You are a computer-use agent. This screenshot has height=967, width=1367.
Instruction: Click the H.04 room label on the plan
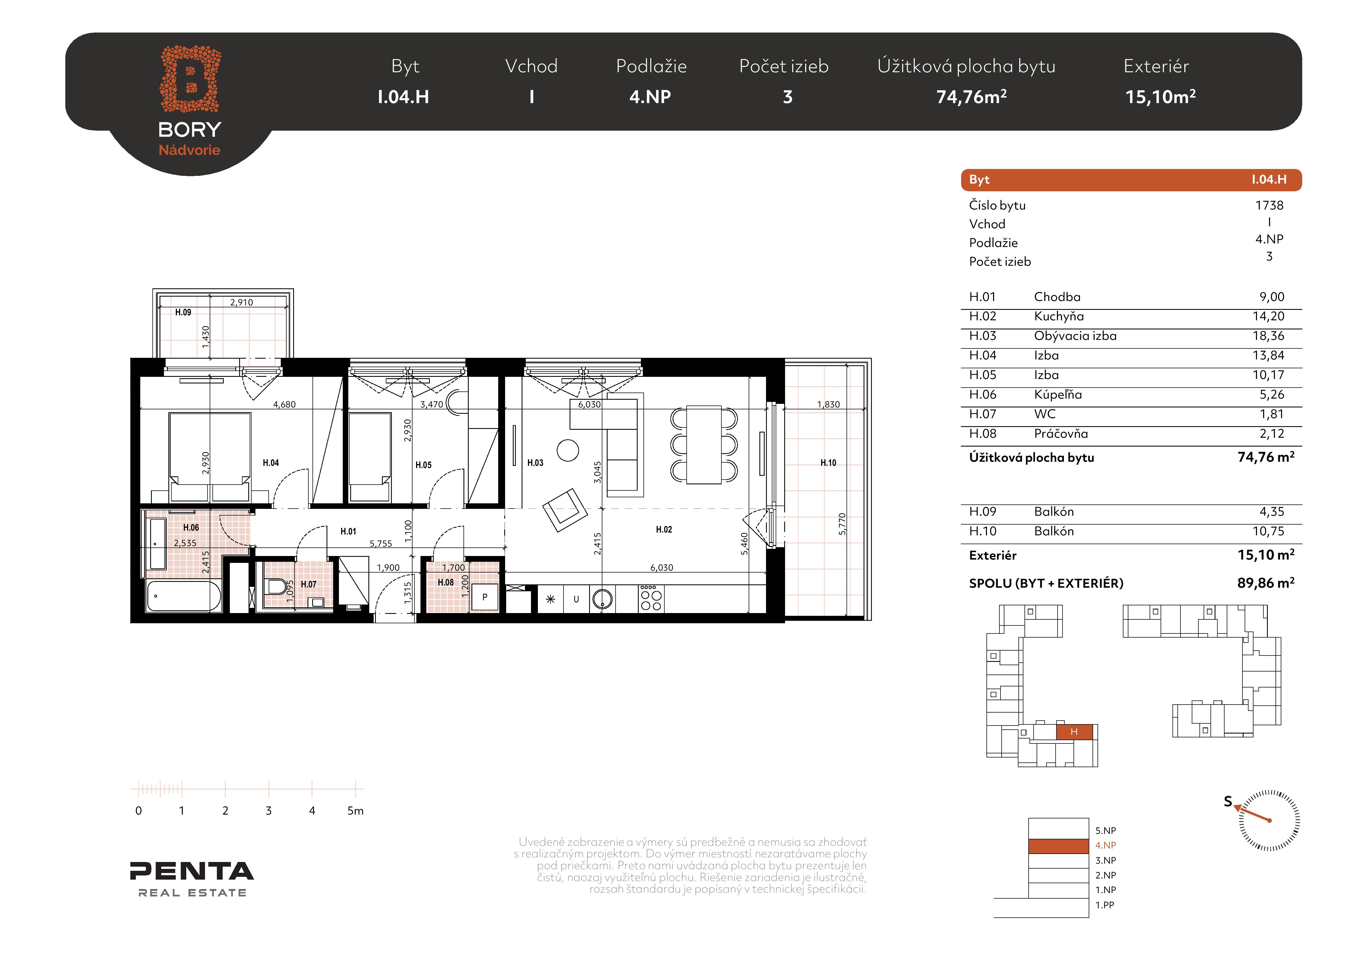click(x=271, y=463)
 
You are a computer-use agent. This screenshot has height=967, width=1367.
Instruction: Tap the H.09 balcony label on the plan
click(x=184, y=312)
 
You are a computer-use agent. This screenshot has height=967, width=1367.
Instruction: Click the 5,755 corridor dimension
click(x=381, y=544)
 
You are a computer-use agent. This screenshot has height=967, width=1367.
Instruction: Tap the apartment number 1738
click(x=1269, y=205)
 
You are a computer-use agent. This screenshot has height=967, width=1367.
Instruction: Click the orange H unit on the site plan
click(x=1074, y=732)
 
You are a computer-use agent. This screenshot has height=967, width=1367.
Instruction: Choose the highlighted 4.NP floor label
click(x=1106, y=845)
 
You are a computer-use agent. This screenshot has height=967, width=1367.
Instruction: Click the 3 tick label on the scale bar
click(x=268, y=810)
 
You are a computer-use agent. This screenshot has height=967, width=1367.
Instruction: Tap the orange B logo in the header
click(x=190, y=79)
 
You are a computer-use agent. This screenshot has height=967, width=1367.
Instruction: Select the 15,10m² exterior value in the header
click(x=1160, y=96)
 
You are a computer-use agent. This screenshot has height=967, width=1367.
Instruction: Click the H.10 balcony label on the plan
click(x=828, y=463)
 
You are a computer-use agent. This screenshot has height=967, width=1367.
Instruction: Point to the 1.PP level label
click(x=1105, y=905)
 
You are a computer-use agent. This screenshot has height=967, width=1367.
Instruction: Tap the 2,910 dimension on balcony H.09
click(x=242, y=302)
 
